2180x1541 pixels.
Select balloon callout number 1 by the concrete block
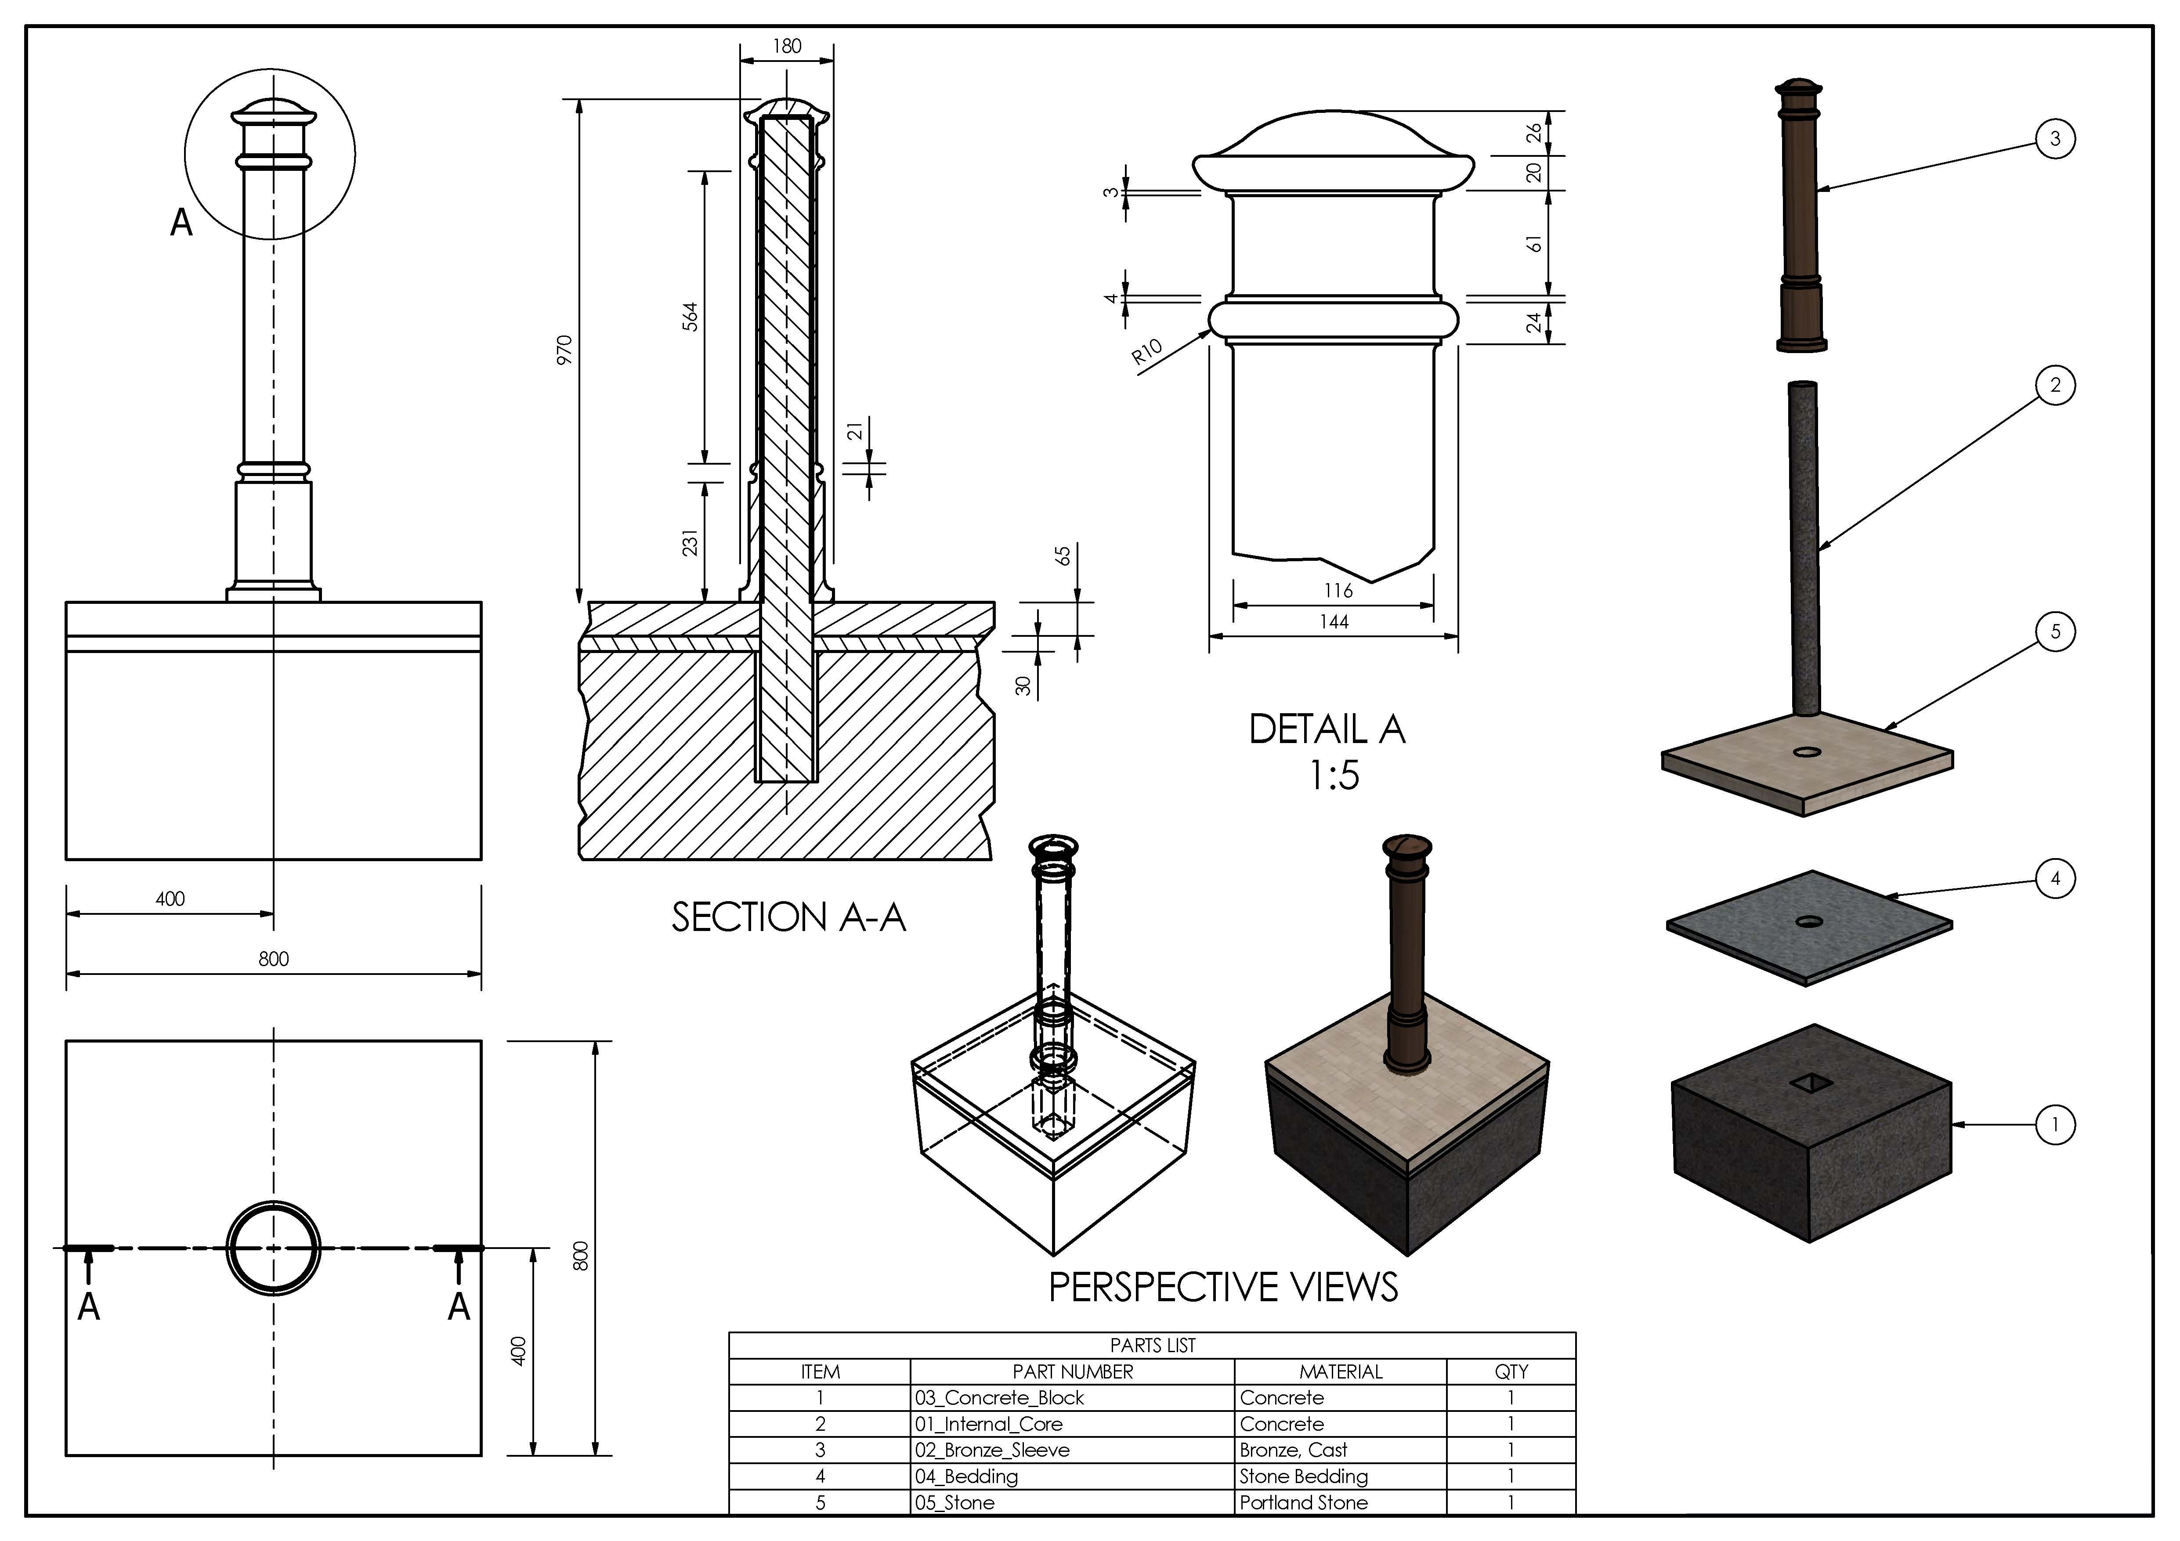(2055, 1125)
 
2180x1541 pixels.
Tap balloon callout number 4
(2055, 878)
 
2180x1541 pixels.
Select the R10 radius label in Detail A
(1147, 352)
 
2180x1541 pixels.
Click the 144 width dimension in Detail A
(1334, 622)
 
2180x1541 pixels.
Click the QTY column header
(1511, 1371)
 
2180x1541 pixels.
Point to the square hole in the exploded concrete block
(1810, 1083)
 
